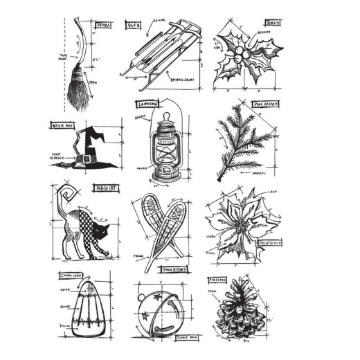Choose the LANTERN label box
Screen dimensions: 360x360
click(x=150, y=104)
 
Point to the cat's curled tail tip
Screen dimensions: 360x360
click(x=67, y=187)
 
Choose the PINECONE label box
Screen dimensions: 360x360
click(x=217, y=280)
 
